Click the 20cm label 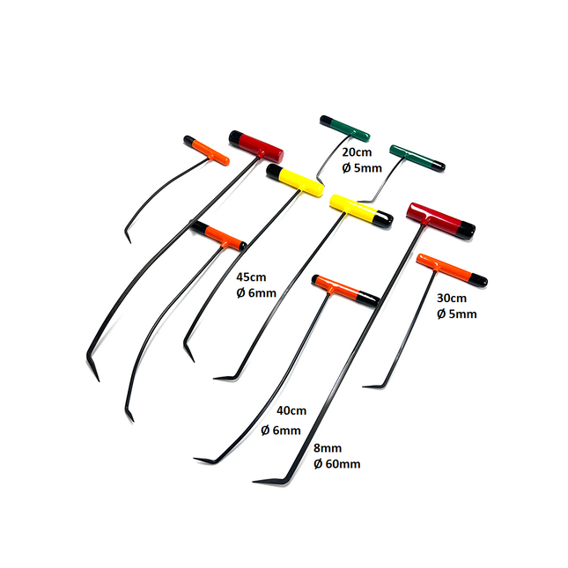(343, 151)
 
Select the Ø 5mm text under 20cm (346, 167)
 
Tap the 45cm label (253, 276)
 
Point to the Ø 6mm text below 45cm (256, 292)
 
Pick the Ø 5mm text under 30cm (456, 314)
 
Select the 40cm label (291, 411)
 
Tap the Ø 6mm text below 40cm (281, 430)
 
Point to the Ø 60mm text (336, 463)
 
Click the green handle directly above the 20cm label (344, 128)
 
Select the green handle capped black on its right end (417, 157)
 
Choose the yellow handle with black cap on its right (359, 211)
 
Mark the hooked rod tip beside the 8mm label (257, 482)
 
